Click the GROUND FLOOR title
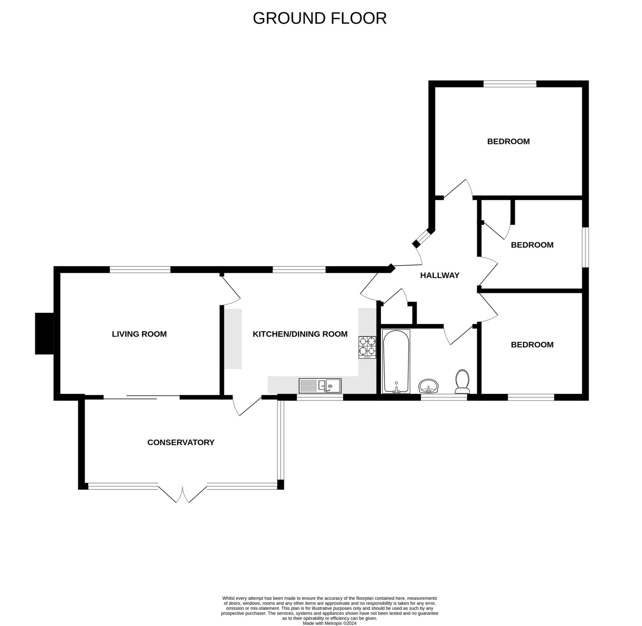point(320,18)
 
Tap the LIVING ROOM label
point(139,334)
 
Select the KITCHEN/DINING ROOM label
point(300,334)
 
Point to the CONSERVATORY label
point(181,442)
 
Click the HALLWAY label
point(440,275)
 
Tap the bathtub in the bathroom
point(396,361)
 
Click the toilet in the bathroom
point(462,382)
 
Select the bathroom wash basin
point(428,386)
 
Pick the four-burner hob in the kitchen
point(367,347)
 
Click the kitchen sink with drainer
point(320,386)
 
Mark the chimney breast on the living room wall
point(44,333)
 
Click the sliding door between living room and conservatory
point(141,397)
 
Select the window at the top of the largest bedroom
point(510,84)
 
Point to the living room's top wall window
point(140,270)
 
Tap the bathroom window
point(444,397)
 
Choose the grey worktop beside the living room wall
point(233,339)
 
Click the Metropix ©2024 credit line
point(329,623)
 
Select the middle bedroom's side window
point(585,247)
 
